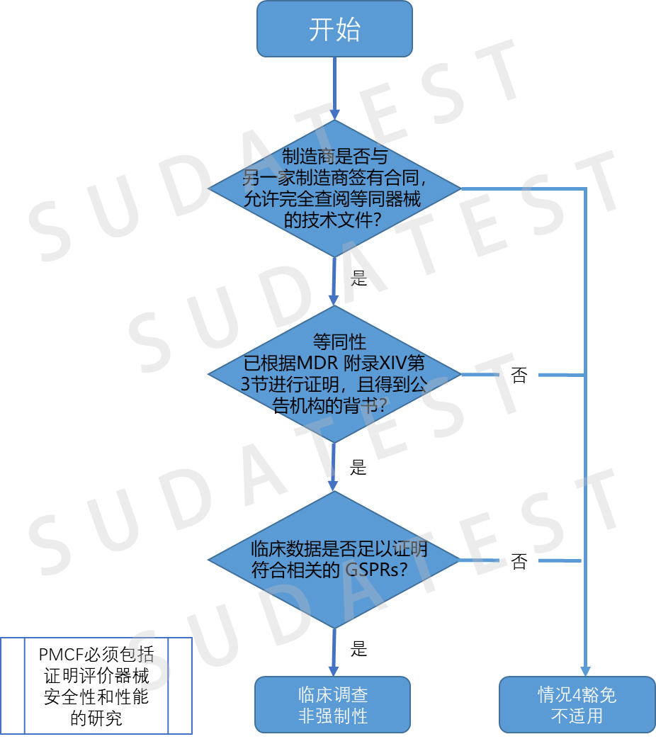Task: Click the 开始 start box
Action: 334,29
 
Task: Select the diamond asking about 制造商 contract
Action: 334,188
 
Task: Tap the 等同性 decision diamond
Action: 334,374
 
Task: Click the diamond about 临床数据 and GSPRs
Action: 334,559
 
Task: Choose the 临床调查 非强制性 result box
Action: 333,704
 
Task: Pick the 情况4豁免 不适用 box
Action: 577,704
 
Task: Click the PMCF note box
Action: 96,685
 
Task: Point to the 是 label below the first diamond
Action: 359,278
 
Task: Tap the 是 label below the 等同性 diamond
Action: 359,468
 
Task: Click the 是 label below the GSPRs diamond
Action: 359,648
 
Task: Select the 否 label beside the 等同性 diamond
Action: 519,376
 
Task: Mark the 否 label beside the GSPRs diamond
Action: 519,562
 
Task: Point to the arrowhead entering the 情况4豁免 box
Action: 585,670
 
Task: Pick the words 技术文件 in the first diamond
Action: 336,220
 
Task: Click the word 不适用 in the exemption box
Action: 577,716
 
